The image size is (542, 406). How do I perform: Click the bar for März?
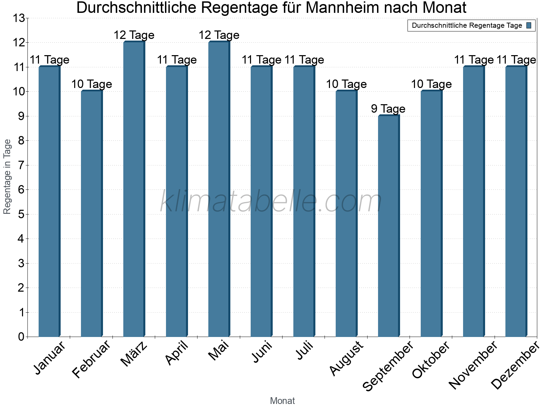(134, 189)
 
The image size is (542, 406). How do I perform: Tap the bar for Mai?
(219, 189)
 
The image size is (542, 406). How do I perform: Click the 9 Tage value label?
(388, 109)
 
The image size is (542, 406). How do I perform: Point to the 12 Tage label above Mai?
(219, 35)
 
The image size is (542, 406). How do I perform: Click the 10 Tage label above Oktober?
(431, 84)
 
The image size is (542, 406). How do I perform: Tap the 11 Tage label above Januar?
(49, 60)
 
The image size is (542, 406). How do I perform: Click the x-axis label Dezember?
(515, 365)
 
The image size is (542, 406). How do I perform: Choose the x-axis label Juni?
(262, 352)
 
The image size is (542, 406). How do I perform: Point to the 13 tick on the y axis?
(19, 18)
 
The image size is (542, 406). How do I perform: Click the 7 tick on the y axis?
(21, 165)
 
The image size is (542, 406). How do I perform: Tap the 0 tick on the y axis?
(21, 337)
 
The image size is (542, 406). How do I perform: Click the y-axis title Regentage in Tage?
(7, 177)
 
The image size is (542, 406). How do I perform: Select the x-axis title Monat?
(282, 401)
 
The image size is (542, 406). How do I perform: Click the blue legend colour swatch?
(529, 25)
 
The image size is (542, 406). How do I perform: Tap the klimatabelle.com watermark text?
(271, 202)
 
